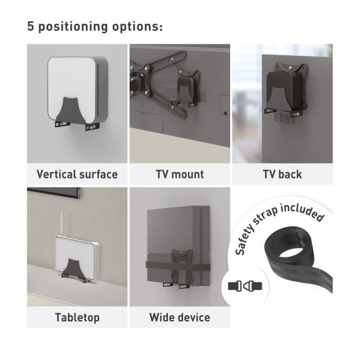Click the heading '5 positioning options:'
pyautogui.click(x=95, y=27)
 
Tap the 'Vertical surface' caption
pyautogui.click(x=77, y=174)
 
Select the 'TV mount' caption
pyautogui.click(x=180, y=174)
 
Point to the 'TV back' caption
pyautogui.click(x=282, y=174)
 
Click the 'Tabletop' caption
pyautogui.click(x=77, y=318)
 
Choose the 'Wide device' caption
pyautogui.click(x=180, y=318)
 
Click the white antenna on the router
pyautogui.click(x=62, y=224)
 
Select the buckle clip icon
pyautogui.click(x=245, y=286)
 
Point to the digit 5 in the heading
pyautogui.click(x=31, y=26)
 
